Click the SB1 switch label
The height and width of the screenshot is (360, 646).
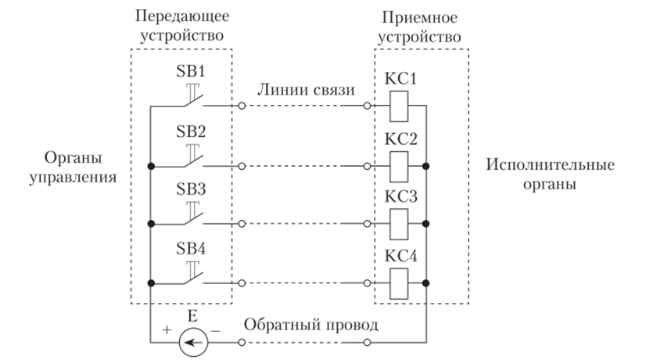click(x=188, y=72)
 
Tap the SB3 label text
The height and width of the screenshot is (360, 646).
click(x=188, y=190)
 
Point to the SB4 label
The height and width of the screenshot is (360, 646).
click(x=188, y=249)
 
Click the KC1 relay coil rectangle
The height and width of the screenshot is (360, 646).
click(x=397, y=106)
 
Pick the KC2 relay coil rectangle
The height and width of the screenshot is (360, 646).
click(x=397, y=165)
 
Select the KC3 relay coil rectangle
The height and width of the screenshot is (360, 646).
click(x=397, y=224)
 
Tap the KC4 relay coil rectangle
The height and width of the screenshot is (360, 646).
click(x=397, y=283)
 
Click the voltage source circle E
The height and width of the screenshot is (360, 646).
click(x=189, y=342)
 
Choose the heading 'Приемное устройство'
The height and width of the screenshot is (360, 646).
click(x=422, y=25)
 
